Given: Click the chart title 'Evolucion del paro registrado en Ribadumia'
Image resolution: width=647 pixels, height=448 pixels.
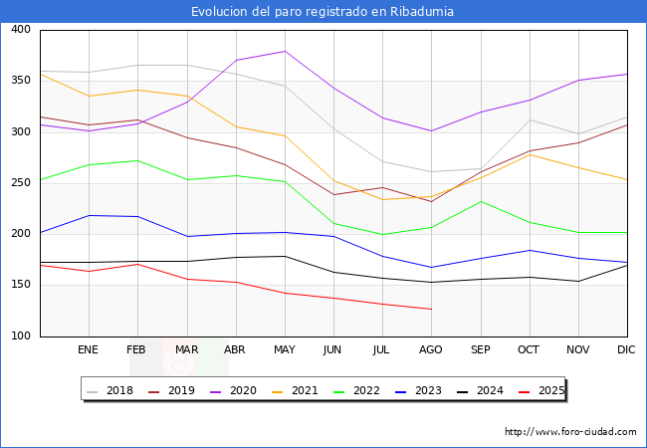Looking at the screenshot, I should (323, 12).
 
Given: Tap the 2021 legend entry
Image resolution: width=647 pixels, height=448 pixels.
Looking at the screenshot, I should (305, 390).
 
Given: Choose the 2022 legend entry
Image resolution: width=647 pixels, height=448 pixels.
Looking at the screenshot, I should (366, 390).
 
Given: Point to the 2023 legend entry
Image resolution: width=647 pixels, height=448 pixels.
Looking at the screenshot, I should (427, 390).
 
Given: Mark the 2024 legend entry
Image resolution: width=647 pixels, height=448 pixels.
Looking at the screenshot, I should (488, 390).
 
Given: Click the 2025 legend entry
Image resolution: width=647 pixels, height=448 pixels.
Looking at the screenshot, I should (548, 390).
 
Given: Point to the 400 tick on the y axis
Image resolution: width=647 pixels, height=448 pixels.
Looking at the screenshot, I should (20, 30).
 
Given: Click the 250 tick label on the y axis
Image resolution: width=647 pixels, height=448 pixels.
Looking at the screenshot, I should (20, 183).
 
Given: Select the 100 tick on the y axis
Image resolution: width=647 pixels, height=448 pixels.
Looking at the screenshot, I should (20, 336).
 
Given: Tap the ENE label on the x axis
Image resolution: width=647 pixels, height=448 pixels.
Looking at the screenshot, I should (89, 350).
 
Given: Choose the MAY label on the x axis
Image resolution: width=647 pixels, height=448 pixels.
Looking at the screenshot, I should (285, 350).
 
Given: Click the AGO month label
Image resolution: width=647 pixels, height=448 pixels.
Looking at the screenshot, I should (431, 350).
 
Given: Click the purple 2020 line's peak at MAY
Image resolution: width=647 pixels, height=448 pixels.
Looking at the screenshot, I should (285, 51).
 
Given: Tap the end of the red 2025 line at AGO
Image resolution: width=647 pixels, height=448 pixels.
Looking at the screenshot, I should (431, 309).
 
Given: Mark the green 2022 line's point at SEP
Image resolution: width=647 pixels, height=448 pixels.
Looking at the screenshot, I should (480, 201).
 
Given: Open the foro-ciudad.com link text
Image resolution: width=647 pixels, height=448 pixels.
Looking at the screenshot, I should (570, 432).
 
